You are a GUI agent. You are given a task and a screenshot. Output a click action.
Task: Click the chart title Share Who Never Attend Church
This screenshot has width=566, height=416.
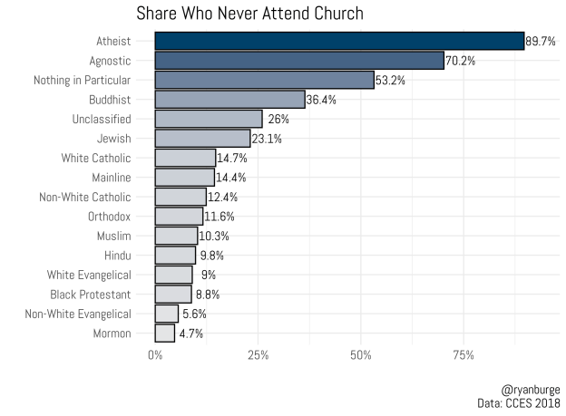[x=249, y=14]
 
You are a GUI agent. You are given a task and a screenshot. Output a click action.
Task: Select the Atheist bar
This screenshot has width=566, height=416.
[x=339, y=41]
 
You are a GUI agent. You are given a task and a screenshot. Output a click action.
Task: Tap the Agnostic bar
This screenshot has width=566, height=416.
[x=299, y=61]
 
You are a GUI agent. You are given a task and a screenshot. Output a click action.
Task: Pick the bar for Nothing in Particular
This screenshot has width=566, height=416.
[x=264, y=80]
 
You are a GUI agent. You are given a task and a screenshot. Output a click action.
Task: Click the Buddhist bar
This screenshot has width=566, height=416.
[x=229, y=100]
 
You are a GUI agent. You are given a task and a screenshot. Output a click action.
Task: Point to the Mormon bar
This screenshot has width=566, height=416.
[x=164, y=334]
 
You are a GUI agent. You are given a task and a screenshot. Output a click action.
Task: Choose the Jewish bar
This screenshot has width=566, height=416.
[x=202, y=139]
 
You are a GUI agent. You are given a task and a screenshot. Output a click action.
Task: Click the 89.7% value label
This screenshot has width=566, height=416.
[x=542, y=41]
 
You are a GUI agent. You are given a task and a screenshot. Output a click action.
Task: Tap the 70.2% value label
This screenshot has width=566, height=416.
[x=461, y=61]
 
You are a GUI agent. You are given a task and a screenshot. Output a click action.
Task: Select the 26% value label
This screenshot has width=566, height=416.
[x=278, y=119]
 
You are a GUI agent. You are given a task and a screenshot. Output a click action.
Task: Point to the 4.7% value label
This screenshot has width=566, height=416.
[x=190, y=334]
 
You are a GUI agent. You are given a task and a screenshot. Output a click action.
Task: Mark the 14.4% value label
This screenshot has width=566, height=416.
[x=231, y=178]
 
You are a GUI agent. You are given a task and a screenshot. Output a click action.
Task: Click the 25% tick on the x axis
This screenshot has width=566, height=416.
[x=258, y=354]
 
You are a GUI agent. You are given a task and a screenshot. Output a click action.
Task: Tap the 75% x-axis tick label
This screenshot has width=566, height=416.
[x=464, y=354]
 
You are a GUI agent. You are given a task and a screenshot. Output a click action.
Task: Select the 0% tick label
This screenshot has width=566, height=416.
[x=155, y=354]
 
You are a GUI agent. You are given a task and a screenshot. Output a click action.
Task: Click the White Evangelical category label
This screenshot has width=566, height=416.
[x=90, y=275]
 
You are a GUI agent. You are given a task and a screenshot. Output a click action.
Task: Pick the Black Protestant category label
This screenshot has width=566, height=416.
[x=91, y=295]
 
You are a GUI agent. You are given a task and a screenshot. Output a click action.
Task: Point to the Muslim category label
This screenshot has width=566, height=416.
[x=112, y=236]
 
